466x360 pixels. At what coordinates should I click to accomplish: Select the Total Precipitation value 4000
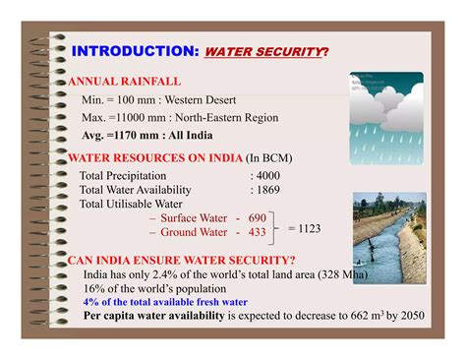point(268,175)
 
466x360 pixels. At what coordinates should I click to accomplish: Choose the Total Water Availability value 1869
point(268,189)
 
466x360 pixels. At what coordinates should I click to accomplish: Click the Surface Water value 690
point(258,217)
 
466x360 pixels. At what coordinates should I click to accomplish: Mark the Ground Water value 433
point(258,232)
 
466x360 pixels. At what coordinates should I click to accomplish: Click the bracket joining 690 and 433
point(275,225)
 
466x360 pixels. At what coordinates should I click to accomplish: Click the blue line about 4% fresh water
point(165,302)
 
